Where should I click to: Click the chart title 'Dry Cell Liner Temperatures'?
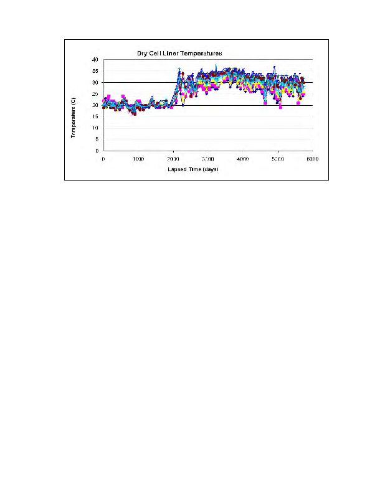[180, 53]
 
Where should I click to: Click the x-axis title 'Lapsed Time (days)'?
[193, 169]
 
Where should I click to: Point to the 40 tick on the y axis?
[95, 60]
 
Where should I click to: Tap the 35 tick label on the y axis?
[95, 72]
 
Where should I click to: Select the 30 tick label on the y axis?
[95, 83]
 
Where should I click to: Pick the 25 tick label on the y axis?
[95, 94]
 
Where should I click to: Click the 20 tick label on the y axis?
[95, 106]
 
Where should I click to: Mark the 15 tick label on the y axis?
[95, 117]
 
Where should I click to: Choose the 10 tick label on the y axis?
[95, 128]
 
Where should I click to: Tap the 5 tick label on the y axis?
[97, 139]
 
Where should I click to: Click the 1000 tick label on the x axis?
[138, 159]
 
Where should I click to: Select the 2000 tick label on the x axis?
[173, 159]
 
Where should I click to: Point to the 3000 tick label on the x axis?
[208, 159]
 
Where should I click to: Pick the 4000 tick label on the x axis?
[243, 159]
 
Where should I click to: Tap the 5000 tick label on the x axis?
[278, 159]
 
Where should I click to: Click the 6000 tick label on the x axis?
[312, 159]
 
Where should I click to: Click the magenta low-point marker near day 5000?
[280, 107]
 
